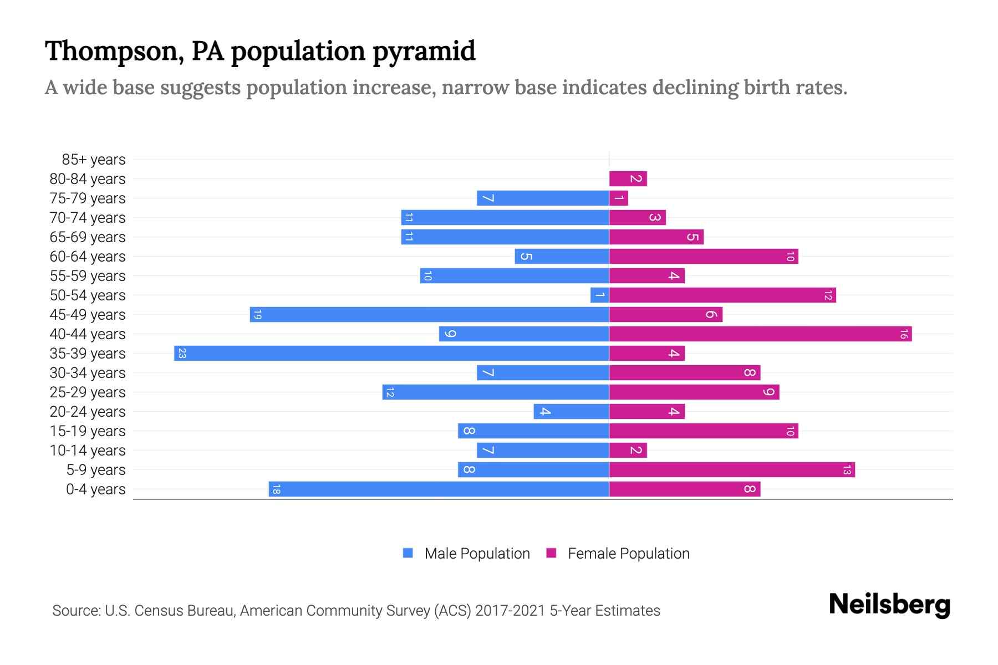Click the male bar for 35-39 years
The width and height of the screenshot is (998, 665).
click(391, 354)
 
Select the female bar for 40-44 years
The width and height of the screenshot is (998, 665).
click(760, 334)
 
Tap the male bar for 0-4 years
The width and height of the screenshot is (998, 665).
click(439, 489)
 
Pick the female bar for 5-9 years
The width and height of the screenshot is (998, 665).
click(732, 470)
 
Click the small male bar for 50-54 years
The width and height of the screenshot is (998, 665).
click(600, 295)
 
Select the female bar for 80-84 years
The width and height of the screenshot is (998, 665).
click(628, 179)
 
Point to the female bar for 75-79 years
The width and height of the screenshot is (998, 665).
click(618, 198)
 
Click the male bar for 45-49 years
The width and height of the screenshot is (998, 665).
click(429, 315)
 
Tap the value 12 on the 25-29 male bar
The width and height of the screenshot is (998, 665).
click(390, 392)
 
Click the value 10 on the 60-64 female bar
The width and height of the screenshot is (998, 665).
click(790, 257)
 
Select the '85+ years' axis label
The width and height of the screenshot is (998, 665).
click(93, 160)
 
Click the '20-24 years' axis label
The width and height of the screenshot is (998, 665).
click(88, 412)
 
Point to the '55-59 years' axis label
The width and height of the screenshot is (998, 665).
click(88, 276)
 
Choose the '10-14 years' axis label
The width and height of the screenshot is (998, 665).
click(88, 451)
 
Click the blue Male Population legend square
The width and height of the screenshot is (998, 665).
click(408, 553)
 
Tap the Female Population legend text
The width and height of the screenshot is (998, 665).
click(628, 554)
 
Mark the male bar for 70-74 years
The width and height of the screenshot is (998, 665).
click(505, 218)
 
